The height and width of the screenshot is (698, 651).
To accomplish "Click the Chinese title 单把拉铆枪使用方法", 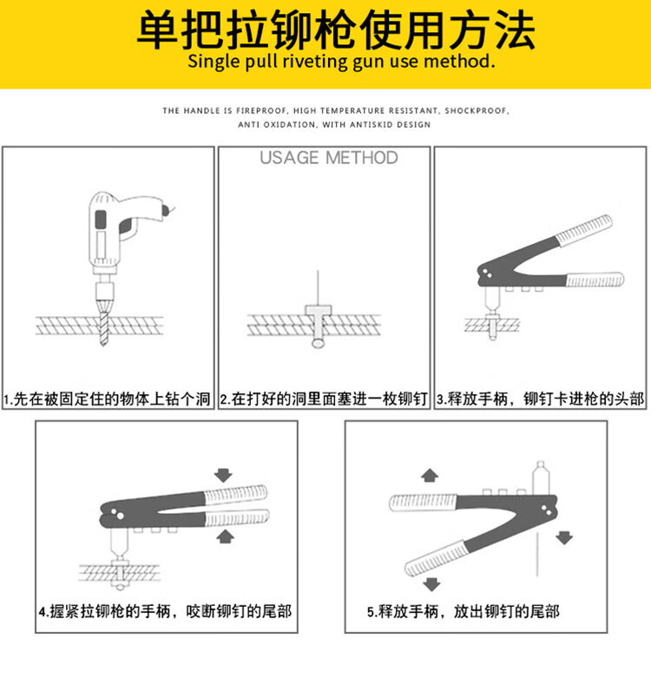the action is [x=336, y=30].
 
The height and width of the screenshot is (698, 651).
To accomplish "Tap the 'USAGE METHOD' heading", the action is [x=329, y=158].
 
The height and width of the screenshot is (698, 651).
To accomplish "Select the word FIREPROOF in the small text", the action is [x=261, y=111].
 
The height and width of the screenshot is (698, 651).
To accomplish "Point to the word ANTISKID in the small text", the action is [x=372, y=125].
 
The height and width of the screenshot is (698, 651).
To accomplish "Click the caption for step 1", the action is [x=108, y=398].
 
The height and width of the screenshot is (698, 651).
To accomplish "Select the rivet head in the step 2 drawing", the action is [x=319, y=310].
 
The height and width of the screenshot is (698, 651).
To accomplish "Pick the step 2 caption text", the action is [x=324, y=398].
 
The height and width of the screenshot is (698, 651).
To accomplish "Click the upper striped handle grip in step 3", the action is [x=584, y=230].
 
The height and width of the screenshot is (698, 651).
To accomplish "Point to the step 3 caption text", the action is [x=540, y=398].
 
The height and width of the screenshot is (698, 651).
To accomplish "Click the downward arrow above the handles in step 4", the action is [x=223, y=475].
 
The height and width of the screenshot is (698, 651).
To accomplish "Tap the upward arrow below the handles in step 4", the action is [x=225, y=537].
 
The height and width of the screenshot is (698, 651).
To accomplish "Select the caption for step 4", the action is [x=166, y=611].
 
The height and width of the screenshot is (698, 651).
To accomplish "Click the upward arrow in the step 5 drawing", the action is [x=430, y=476].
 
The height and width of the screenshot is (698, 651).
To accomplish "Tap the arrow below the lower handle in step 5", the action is [x=431, y=584].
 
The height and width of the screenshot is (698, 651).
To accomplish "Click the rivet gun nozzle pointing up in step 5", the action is [x=541, y=478].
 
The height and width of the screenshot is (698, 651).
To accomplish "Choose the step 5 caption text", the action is [x=464, y=611].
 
